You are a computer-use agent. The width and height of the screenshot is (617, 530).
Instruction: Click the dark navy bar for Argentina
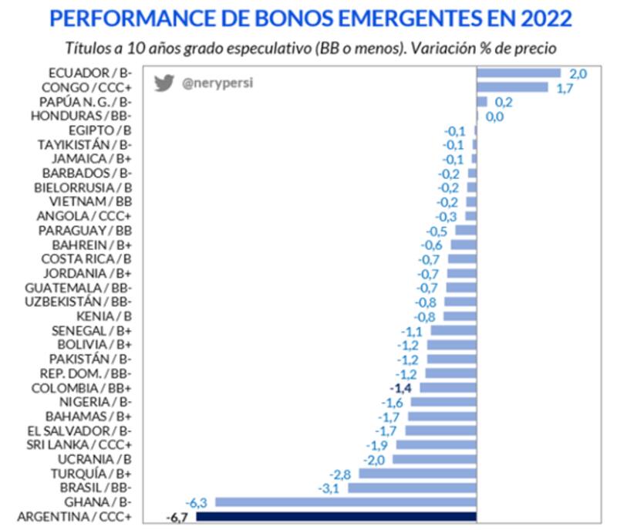point(336,517)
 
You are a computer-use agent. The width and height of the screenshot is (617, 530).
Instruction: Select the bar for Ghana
point(346,502)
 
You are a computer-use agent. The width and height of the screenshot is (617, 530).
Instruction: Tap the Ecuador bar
point(518,73)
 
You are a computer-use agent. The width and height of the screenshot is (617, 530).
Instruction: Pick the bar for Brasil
point(413,488)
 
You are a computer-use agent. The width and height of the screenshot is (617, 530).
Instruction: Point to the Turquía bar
point(418,474)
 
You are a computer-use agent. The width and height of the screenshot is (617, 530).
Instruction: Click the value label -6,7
point(178,517)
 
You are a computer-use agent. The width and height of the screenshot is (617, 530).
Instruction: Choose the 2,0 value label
point(578,73)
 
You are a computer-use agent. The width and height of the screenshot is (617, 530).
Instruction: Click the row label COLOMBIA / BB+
point(82,388)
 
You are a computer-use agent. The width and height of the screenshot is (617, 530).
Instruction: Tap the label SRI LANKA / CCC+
point(79,445)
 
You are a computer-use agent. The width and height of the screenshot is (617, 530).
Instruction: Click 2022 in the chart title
point(545,18)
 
